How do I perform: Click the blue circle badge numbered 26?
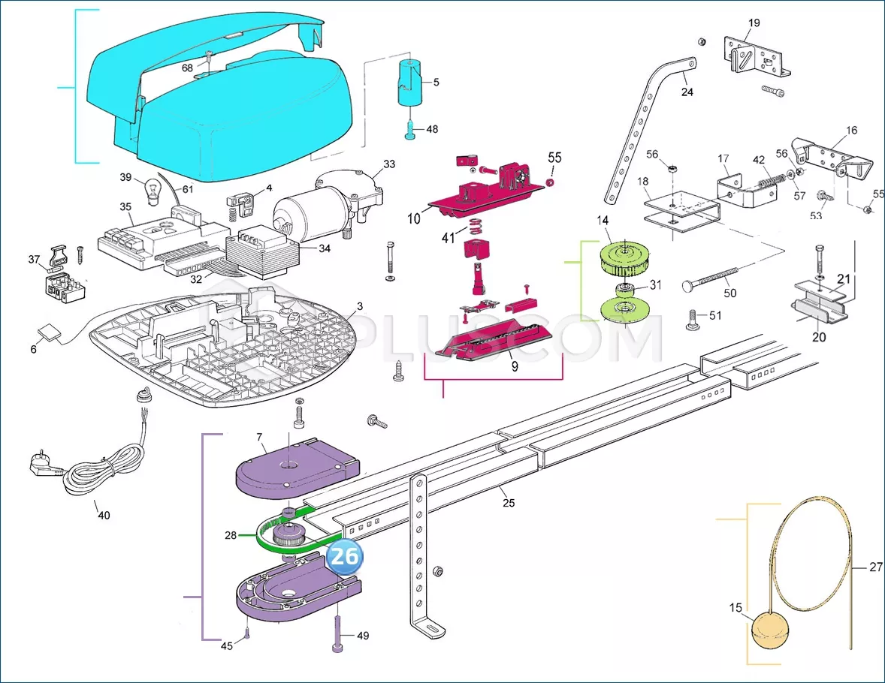[345, 558]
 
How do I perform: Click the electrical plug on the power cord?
[44, 468]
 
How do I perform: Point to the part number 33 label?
[388, 164]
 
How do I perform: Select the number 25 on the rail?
[509, 502]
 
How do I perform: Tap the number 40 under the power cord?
[104, 515]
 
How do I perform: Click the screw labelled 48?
[411, 131]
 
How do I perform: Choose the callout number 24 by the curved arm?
[687, 92]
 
